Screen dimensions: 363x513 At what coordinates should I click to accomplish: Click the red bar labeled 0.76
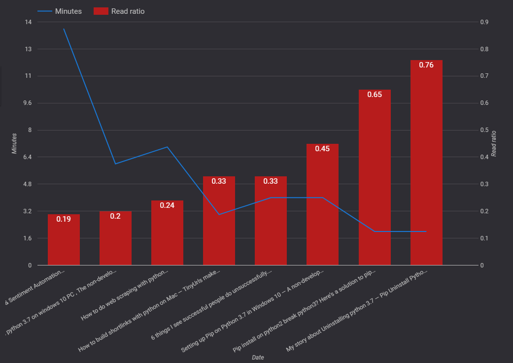426,163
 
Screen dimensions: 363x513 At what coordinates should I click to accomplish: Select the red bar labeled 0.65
375,177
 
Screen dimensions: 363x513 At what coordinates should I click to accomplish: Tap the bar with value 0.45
322,204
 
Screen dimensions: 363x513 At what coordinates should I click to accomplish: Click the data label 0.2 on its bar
115,216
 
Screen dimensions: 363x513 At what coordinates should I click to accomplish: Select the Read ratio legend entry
128,11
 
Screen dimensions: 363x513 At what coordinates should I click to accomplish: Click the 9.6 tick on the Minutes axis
27,103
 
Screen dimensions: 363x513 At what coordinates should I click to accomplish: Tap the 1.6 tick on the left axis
27,238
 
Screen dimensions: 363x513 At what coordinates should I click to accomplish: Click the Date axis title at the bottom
258,357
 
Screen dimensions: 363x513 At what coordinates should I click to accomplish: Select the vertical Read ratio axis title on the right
494,143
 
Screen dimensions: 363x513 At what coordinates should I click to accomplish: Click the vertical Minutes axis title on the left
14,143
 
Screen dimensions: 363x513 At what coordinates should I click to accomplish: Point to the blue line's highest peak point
64,29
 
